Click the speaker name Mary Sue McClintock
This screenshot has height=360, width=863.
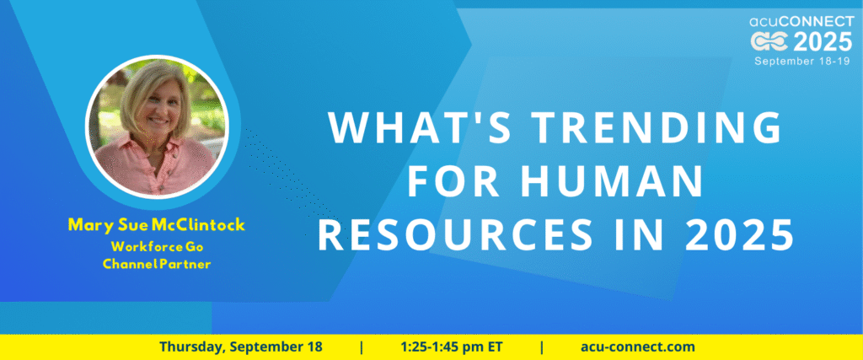[156, 224]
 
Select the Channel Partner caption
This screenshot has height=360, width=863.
[157, 264]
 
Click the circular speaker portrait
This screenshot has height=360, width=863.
[158, 126]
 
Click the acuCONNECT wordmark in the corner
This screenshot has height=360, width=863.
[801, 22]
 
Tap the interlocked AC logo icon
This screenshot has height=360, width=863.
[770, 42]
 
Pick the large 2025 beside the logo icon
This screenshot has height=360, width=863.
[823, 42]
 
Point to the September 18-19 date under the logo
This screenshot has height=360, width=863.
[803, 61]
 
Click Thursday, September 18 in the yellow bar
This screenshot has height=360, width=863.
[241, 347]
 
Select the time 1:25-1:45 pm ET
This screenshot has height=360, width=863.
[452, 347]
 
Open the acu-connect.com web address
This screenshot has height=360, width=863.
[638, 347]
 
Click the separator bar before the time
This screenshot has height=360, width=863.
[362, 347]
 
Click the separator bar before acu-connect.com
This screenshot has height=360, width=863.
[542, 347]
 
